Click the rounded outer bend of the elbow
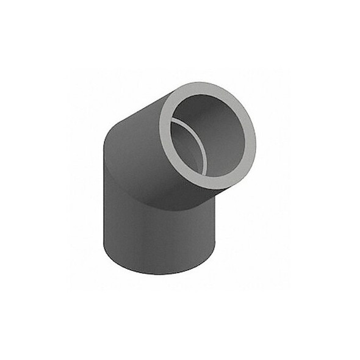click(107, 137)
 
